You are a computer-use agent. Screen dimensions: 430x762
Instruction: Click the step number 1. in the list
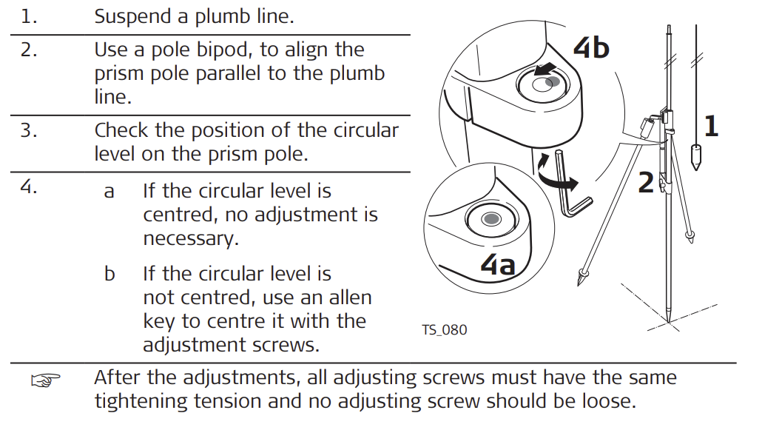click(x=29, y=17)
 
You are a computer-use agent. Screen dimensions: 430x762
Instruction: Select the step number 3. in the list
click(x=29, y=131)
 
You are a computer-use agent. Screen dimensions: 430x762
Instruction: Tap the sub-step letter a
click(x=109, y=192)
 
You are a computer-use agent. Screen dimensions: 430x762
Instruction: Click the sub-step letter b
click(x=109, y=275)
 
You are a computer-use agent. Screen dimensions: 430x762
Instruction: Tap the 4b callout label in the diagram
click(x=591, y=47)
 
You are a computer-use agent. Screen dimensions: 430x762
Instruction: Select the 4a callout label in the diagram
click(x=498, y=263)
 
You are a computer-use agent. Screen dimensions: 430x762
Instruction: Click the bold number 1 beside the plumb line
click(x=710, y=127)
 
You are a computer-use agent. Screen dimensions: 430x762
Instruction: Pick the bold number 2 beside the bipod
click(x=646, y=182)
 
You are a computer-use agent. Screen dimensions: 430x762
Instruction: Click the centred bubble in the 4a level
click(x=490, y=218)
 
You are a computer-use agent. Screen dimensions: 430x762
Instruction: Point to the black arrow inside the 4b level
click(x=548, y=69)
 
